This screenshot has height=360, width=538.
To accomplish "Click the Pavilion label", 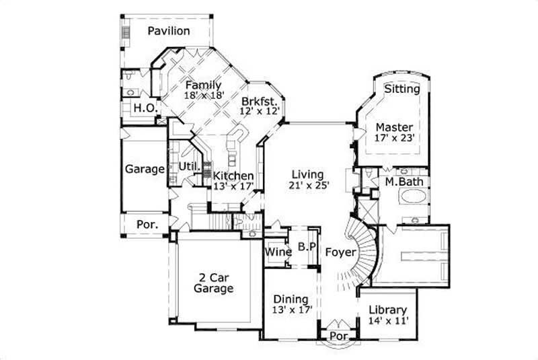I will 169,31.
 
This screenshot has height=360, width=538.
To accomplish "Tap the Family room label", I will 203,85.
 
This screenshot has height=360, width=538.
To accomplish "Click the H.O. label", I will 145,108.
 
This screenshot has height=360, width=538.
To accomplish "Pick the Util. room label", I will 188,166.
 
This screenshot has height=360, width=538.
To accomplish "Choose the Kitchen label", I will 233,176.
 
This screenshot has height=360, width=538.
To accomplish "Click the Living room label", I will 307,175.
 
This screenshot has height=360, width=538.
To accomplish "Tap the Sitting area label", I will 402,89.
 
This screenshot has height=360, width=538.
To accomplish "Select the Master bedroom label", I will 394,127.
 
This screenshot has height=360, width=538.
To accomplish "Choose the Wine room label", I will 277,252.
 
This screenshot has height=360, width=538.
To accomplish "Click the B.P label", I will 307,247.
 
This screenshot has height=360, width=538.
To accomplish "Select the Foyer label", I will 340,252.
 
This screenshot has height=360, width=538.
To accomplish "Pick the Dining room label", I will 291,299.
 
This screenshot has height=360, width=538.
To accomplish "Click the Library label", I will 388,310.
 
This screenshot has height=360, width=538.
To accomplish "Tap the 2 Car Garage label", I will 213,283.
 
